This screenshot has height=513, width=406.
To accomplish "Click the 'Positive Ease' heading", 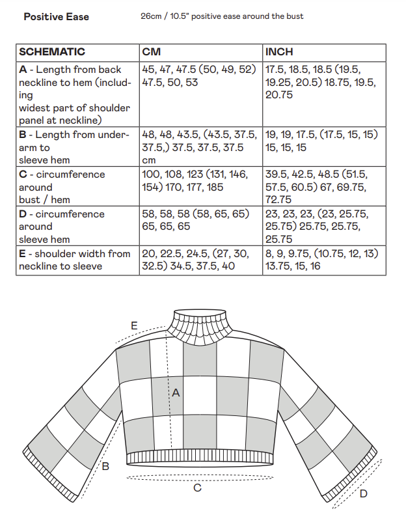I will (x=57, y=16).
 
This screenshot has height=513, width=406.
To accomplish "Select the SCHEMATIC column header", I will (x=52, y=51).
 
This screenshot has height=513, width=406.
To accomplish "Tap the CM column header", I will (x=152, y=51).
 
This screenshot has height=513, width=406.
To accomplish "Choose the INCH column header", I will (x=279, y=51).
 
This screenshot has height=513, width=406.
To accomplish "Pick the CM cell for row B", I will (x=200, y=147).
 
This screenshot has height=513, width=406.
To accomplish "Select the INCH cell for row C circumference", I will (x=323, y=187).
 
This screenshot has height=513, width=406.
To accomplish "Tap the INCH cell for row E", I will (x=323, y=260).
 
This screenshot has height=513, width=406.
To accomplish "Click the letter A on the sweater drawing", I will (x=175, y=393).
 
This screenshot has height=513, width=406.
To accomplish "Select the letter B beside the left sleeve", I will (x=106, y=465).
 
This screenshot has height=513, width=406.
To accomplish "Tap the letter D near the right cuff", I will (x=363, y=493).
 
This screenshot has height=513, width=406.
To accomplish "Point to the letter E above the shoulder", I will (x=134, y=325).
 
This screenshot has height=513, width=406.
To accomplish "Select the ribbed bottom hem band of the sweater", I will (x=197, y=457).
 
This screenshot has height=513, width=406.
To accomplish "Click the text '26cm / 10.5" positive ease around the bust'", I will (x=222, y=16).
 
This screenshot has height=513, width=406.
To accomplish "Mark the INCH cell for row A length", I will (x=323, y=82).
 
